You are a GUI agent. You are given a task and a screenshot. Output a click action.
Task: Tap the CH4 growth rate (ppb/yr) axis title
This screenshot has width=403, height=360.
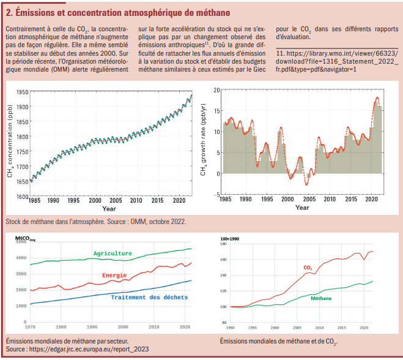click(x=203, y=143)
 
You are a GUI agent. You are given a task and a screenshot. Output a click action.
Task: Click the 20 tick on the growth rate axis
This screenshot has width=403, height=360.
click(x=215, y=90)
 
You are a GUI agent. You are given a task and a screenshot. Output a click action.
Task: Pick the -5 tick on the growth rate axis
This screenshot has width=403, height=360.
click(x=215, y=195)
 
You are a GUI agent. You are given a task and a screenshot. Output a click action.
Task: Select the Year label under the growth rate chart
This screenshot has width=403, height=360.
click(x=302, y=208)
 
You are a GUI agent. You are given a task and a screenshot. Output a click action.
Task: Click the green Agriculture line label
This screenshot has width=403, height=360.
click(x=113, y=253)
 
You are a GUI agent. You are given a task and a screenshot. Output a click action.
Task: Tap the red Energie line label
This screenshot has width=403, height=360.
click(x=115, y=276)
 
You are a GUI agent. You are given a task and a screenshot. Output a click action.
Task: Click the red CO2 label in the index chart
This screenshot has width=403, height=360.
click(x=308, y=268)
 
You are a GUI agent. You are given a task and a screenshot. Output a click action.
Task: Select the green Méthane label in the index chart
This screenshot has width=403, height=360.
click(x=321, y=298)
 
